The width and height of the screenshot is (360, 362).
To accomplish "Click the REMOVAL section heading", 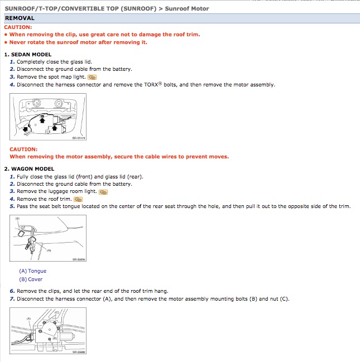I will (20, 18).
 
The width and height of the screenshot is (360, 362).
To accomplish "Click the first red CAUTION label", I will (18, 27).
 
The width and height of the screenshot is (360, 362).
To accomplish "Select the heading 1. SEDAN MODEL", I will (28, 55).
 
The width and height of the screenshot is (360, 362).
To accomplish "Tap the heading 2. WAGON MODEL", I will (29, 169).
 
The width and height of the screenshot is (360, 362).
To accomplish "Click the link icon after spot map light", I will (92, 77).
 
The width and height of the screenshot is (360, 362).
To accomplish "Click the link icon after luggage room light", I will (103, 192).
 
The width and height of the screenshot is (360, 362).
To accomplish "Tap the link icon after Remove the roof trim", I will (78, 199).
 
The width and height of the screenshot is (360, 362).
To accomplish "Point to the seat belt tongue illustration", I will (48, 239).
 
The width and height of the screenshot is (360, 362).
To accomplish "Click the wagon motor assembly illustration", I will (48, 333).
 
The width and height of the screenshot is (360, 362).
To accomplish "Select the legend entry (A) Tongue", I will (33, 271).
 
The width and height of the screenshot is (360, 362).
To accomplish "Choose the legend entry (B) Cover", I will (31, 279).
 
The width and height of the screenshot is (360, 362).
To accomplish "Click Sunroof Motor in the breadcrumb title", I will (187, 8).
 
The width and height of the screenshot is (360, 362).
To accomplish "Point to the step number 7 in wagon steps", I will (12, 299).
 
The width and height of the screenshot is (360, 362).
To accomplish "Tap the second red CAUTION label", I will (23, 149).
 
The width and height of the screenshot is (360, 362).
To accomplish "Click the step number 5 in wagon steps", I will (12, 206).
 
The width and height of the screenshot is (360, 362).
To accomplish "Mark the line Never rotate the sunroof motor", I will (78, 42).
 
